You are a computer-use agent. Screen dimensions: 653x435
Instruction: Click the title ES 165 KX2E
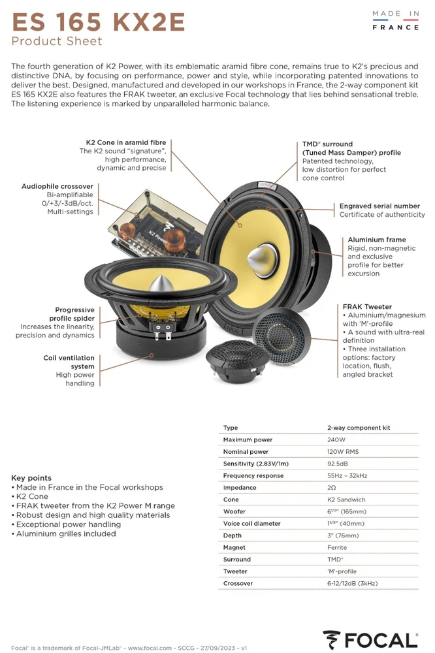pyautogui.click(x=99, y=22)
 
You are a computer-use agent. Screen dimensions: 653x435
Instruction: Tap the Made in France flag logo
pyautogui.click(x=395, y=20)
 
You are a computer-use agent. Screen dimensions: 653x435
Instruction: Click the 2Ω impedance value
pyautogui.click(x=332, y=487)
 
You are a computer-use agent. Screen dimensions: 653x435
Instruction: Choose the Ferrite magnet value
pyautogui.click(x=337, y=547)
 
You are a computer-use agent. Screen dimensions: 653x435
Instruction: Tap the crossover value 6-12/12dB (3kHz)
pyautogui.click(x=353, y=583)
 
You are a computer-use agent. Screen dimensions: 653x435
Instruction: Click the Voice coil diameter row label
pyautogui.click(x=251, y=523)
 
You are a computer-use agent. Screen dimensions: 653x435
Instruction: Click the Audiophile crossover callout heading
pyautogui.click(x=57, y=187)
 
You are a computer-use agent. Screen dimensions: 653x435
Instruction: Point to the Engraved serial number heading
pyautogui.click(x=379, y=206)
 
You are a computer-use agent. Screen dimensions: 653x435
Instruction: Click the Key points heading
pyautogui.click(x=31, y=478)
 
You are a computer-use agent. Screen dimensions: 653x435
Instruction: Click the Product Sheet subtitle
pyautogui.click(x=57, y=42)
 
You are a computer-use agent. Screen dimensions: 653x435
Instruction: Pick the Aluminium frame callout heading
pyautogui.click(x=377, y=240)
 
